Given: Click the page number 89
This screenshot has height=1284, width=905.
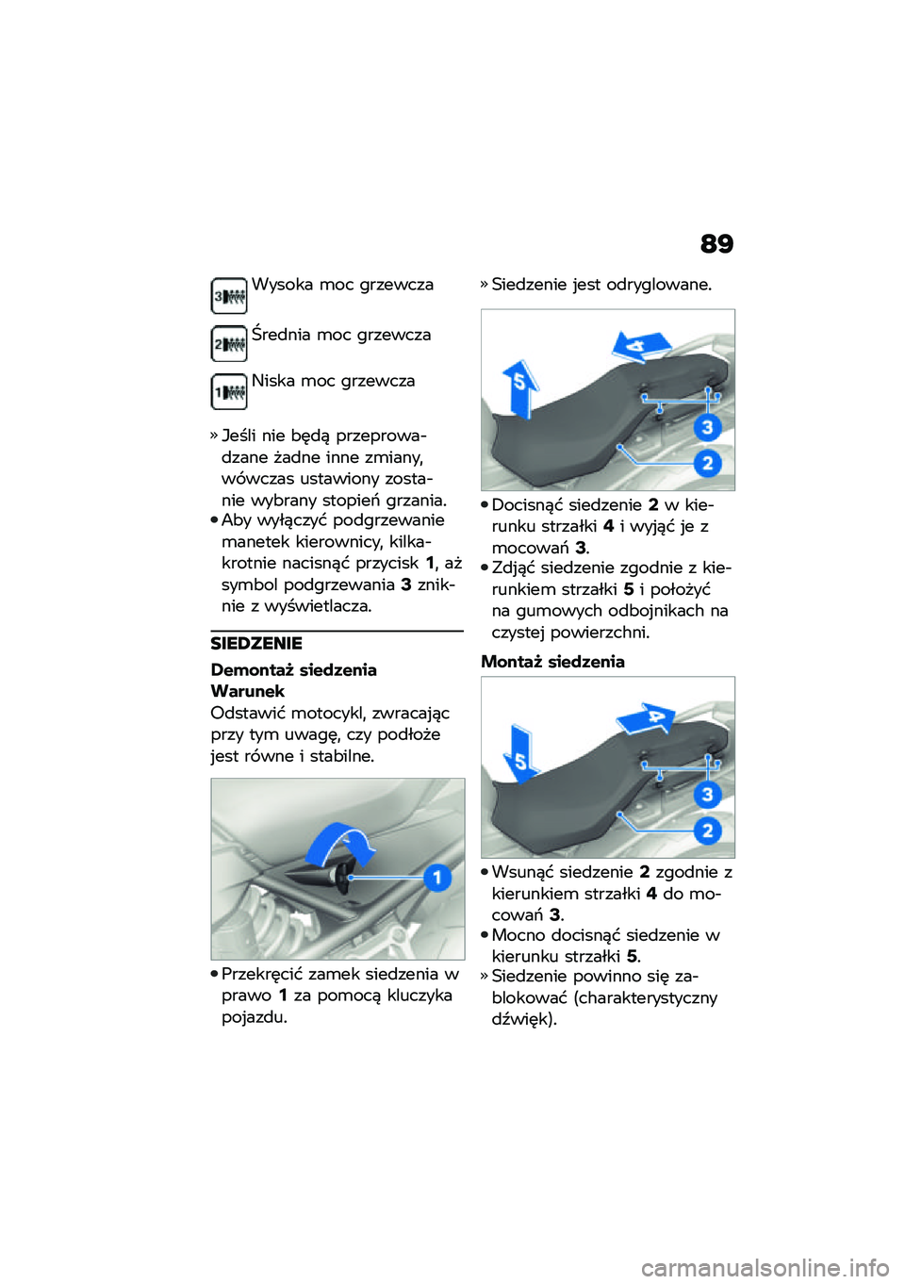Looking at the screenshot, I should tap(716, 245).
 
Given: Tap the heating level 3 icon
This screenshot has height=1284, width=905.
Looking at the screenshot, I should tap(229, 296).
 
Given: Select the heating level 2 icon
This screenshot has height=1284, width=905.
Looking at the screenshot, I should tap(229, 344).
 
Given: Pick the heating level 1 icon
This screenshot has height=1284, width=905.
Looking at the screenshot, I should tap(229, 392).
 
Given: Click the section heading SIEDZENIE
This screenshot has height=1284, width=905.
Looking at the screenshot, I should tap(256, 644).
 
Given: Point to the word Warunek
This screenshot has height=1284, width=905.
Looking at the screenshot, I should tap(248, 691).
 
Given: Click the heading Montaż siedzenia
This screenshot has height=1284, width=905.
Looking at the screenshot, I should tap(552, 662).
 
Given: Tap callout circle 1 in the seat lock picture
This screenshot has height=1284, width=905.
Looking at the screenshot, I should tap(436, 878).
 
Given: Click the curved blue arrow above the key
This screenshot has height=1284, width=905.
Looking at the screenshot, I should tap(341, 842).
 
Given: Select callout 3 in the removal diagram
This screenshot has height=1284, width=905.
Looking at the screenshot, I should tap(707, 428).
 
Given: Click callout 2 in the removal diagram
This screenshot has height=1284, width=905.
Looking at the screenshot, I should tap(707, 463).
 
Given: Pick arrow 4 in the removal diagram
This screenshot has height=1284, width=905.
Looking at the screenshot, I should tap(641, 345).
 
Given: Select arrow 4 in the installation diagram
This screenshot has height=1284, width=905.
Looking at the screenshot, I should tap(650, 718).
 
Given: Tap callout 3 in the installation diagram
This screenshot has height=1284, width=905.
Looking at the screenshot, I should tap(707, 795).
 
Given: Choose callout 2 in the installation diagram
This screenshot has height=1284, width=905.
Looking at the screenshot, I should tap(707, 831).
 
